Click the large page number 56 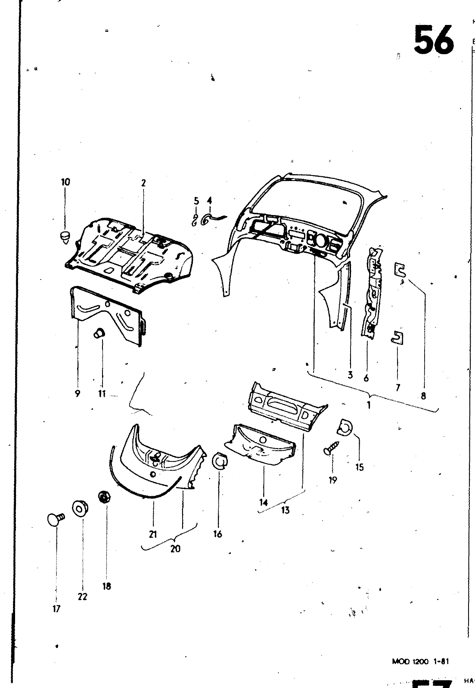433,40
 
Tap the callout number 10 65,182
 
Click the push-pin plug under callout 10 65,237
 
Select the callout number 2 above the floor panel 143,183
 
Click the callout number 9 78,393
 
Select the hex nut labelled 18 103,498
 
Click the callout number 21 153,534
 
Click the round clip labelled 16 220,461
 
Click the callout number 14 264,502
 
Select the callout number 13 285,510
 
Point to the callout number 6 366,378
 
